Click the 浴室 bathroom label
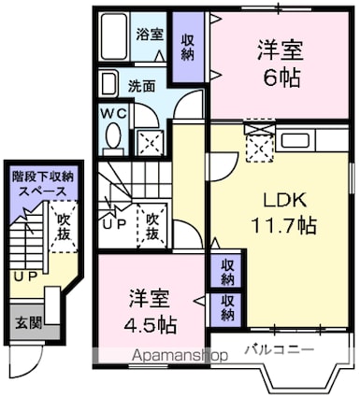[149, 35]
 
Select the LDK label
[280, 200]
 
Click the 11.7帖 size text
[280, 224]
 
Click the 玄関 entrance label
[25, 323]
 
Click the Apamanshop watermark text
[179, 356]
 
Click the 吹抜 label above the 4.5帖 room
[151, 223]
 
